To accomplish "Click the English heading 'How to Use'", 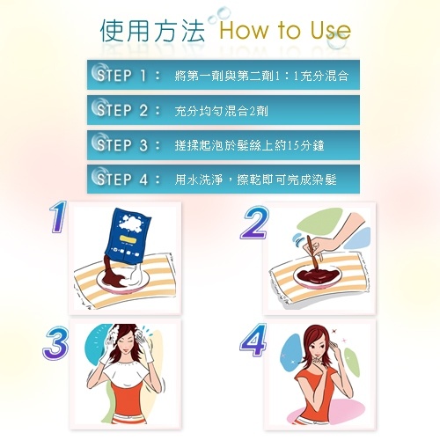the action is click(285, 30).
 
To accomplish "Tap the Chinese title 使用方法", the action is click(152, 30).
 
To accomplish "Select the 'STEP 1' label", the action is click(121, 75).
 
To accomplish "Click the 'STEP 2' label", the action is click(122, 110).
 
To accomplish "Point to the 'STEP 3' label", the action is click(122, 144).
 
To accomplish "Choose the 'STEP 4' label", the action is click(122, 179).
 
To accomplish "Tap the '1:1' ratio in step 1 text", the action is click(287, 76).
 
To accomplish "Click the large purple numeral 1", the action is click(58, 216).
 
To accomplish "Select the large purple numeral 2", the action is click(255, 222).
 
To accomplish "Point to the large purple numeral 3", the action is click(55, 343).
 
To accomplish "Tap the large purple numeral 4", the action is click(253, 340).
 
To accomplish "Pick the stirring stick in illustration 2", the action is click(312, 253).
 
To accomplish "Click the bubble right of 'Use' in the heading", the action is click(336, 40).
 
